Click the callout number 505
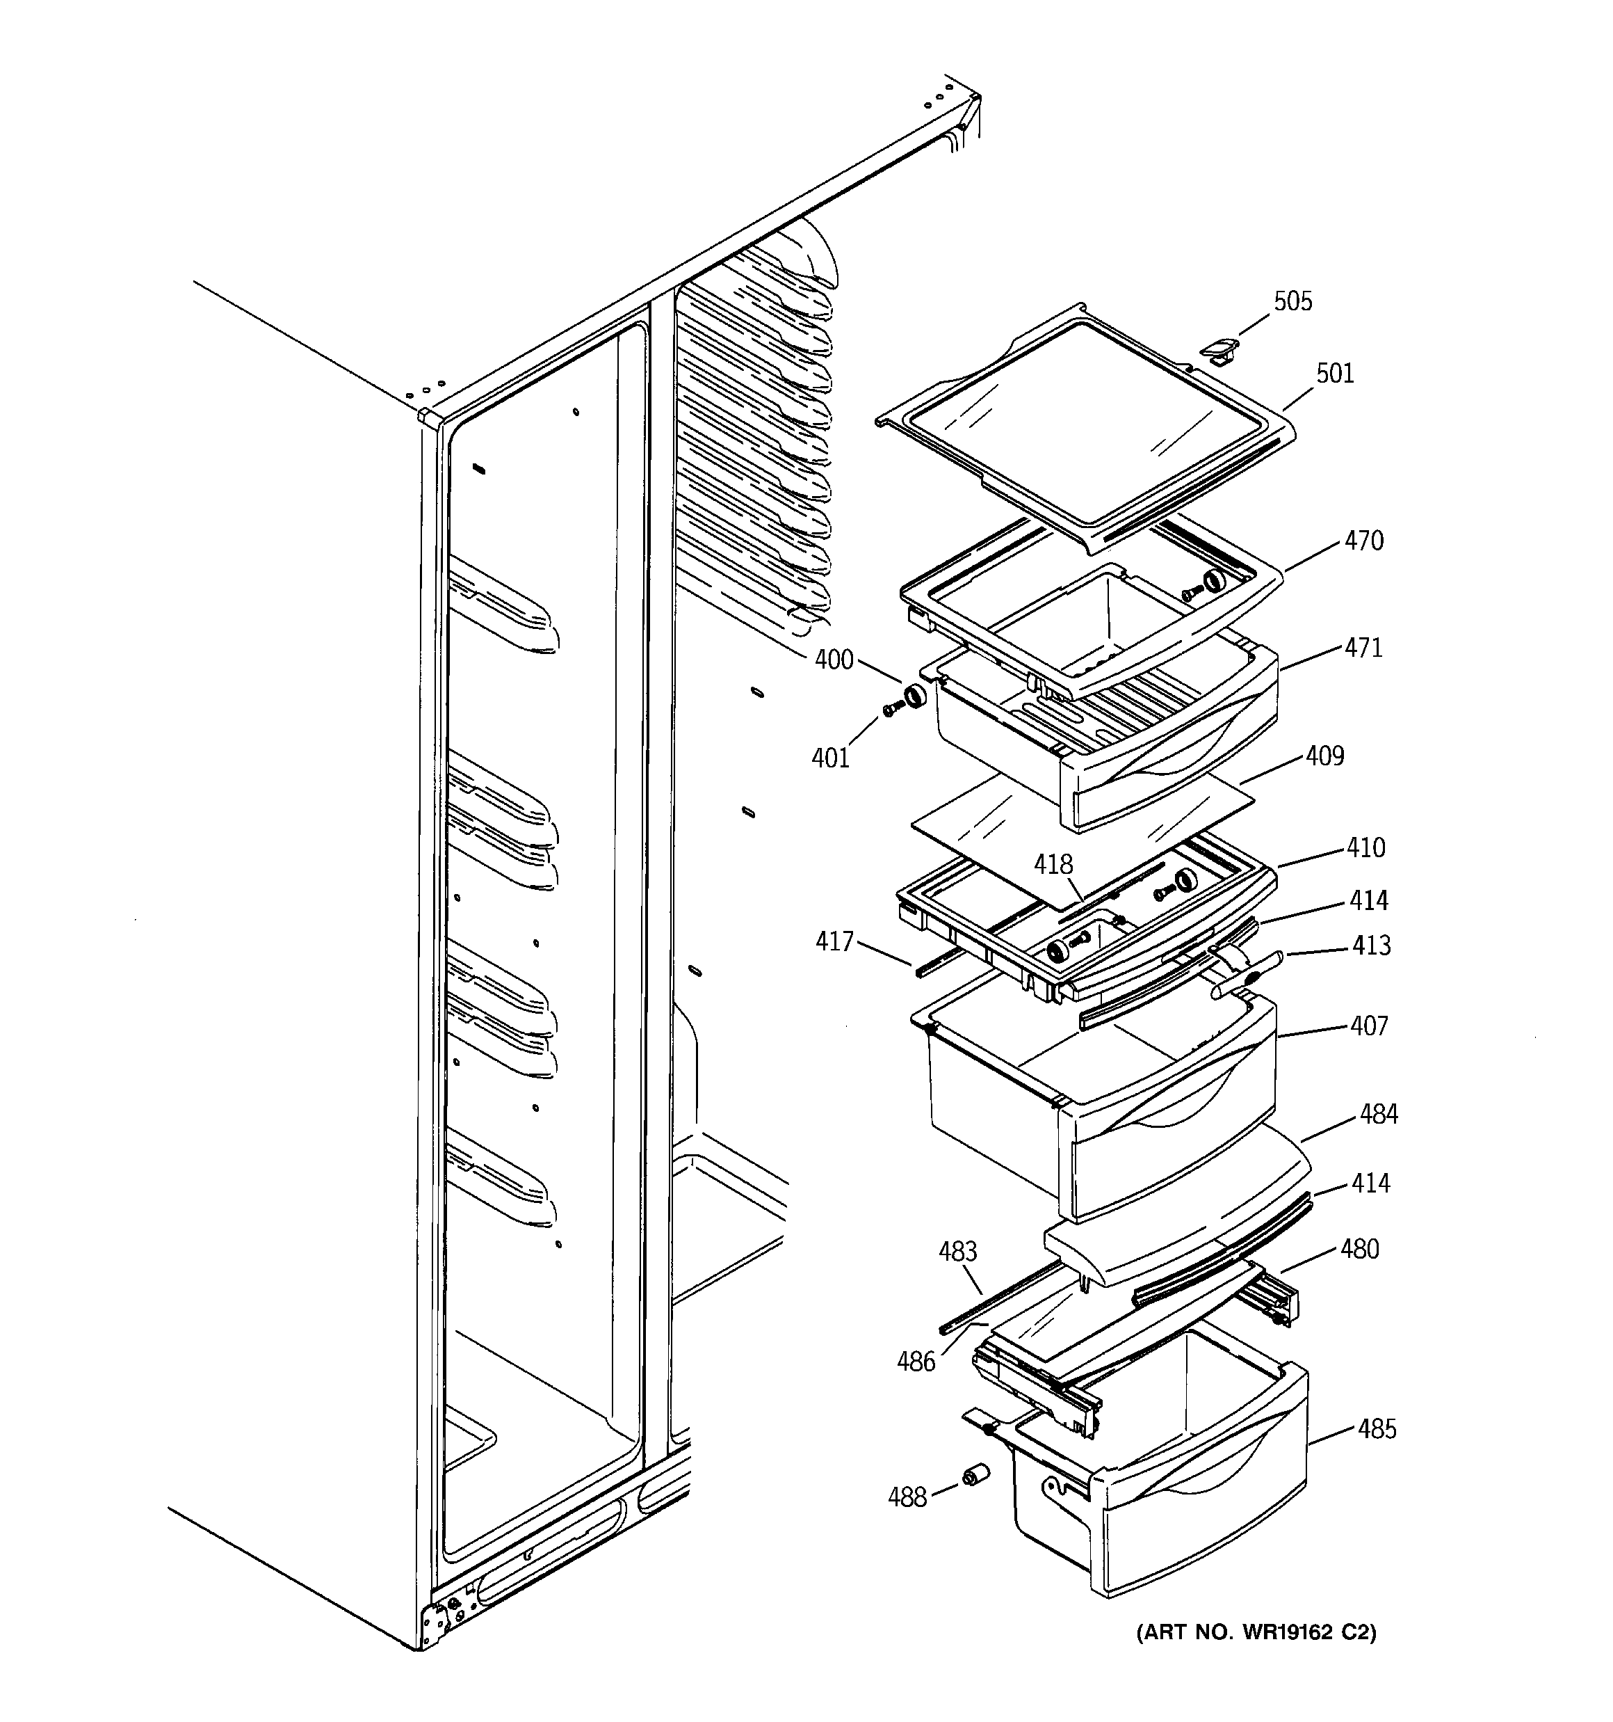click(x=1292, y=301)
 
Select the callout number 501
click(x=1335, y=374)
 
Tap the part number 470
click(x=1363, y=541)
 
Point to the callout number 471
click(x=1363, y=647)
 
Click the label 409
click(x=1324, y=756)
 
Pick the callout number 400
click(x=834, y=660)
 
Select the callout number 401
click(x=830, y=758)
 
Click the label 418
click(x=1053, y=864)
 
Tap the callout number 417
click(x=834, y=941)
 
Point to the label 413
click(x=1372, y=945)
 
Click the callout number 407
click(x=1369, y=1026)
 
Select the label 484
click(x=1379, y=1114)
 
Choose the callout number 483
click(x=959, y=1252)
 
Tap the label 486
click(x=916, y=1362)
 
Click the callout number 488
click(x=907, y=1497)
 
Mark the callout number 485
click(x=1377, y=1428)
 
